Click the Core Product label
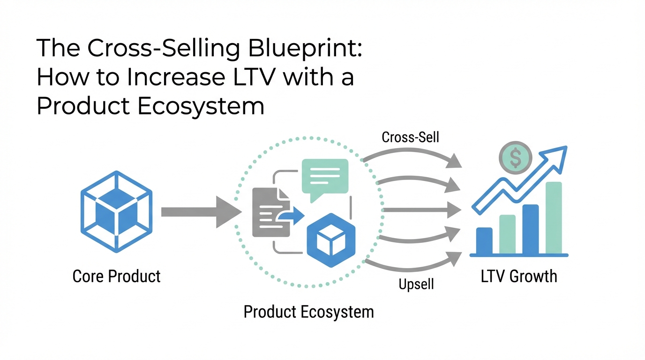pos(117,276)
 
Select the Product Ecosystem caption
pos(308,311)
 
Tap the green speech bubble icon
pos(325,177)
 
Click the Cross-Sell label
pos(411,137)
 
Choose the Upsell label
pos(416,284)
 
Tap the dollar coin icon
pos(515,157)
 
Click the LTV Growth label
pos(519,276)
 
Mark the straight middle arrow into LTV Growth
pos(422,210)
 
